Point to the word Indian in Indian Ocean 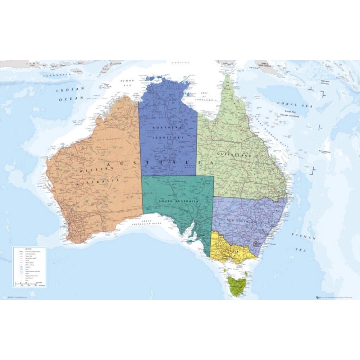coord(69,90)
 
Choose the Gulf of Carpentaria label coord(204,95)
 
